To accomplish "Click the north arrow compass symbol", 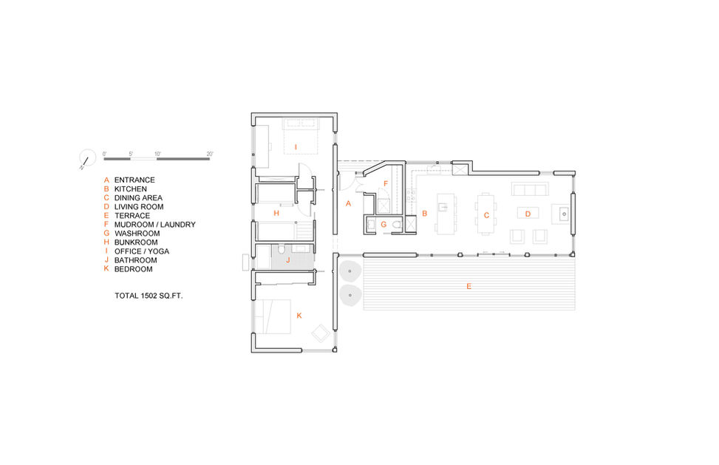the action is pyautogui.click(x=87, y=158).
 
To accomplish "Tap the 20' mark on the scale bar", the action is pyautogui.click(x=210, y=154).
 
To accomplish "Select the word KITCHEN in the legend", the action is pyautogui.click(x=131, y=189).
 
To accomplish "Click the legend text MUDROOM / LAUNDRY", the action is pyautogui.click(x=155, y=224).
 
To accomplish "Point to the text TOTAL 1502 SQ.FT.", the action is pyautogui.click(x=149, y=296).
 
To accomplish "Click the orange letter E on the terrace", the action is pyautogui.click(x=468, y=286).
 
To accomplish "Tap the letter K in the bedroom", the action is pyautogui.click(x=299, y=316).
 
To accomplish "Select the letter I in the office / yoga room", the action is pyautogui.click(x=296, y=147).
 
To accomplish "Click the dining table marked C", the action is pyautogui.click(x=486, y=214).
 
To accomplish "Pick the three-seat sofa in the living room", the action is pyautogui.click(x=530, y=189).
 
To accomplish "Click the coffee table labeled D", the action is pyautogui.click(x=528, y=213).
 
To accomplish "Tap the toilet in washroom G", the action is pyautogui.click(x=397, y=225).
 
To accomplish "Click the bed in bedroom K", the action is pyautogui.click(x=273, y=316).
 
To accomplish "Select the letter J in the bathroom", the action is pyautogui.click(x=288, y=260).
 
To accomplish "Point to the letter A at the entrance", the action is pyautogui.click(x=348, y=203).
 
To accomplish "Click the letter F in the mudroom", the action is pyautogui.click(x=386, y=183).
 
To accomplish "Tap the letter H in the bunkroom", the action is pyautogui.click(x=276, y=213).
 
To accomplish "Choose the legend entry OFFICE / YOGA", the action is pyautogui.click(x=142, y=251).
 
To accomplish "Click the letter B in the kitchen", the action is pyautogui.click(x=425, y=213).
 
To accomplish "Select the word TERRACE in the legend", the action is pyautogui.click(x=132, y=216).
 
